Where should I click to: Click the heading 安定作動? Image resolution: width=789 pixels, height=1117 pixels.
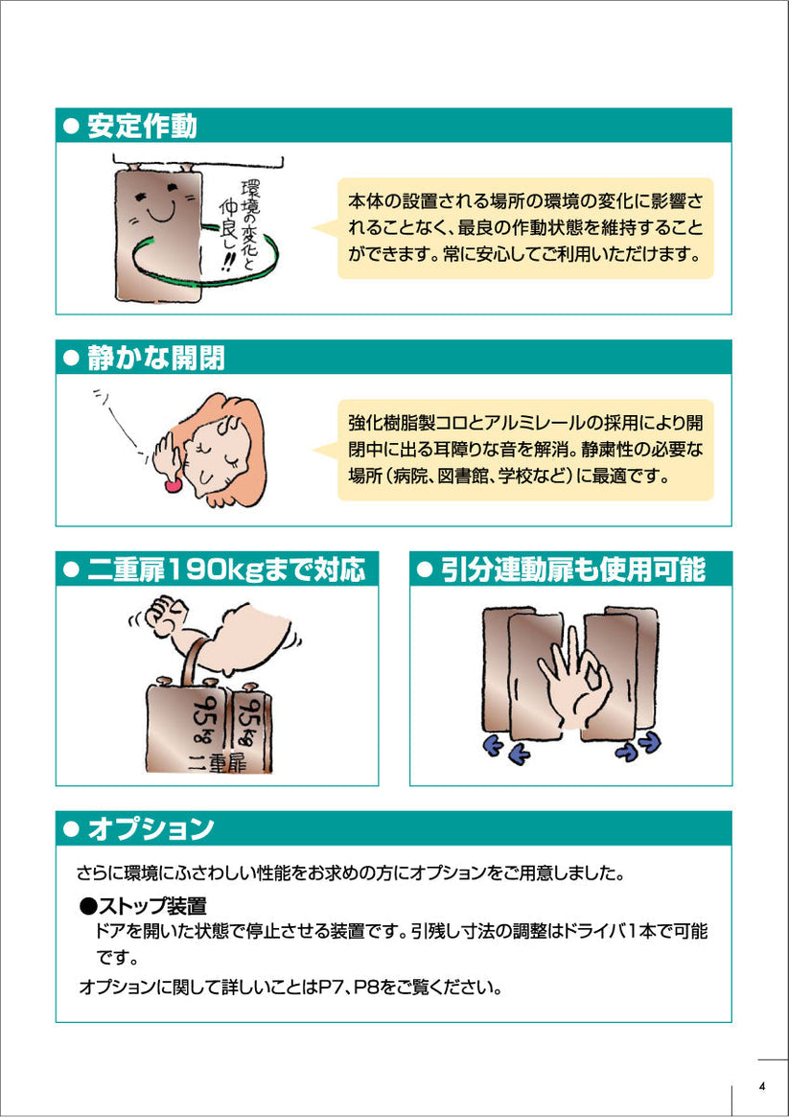(143, 127)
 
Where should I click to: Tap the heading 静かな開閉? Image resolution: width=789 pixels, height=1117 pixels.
(156, 358)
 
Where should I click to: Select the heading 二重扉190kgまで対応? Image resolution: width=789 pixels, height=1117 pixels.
(226, 570)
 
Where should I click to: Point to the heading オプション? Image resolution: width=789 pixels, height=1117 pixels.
(151, 829)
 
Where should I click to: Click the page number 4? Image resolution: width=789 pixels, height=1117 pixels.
(762, 1087)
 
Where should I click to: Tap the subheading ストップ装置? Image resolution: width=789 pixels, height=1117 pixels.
(151, 906)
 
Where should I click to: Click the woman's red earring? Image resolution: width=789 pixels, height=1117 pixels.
(172, 486)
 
